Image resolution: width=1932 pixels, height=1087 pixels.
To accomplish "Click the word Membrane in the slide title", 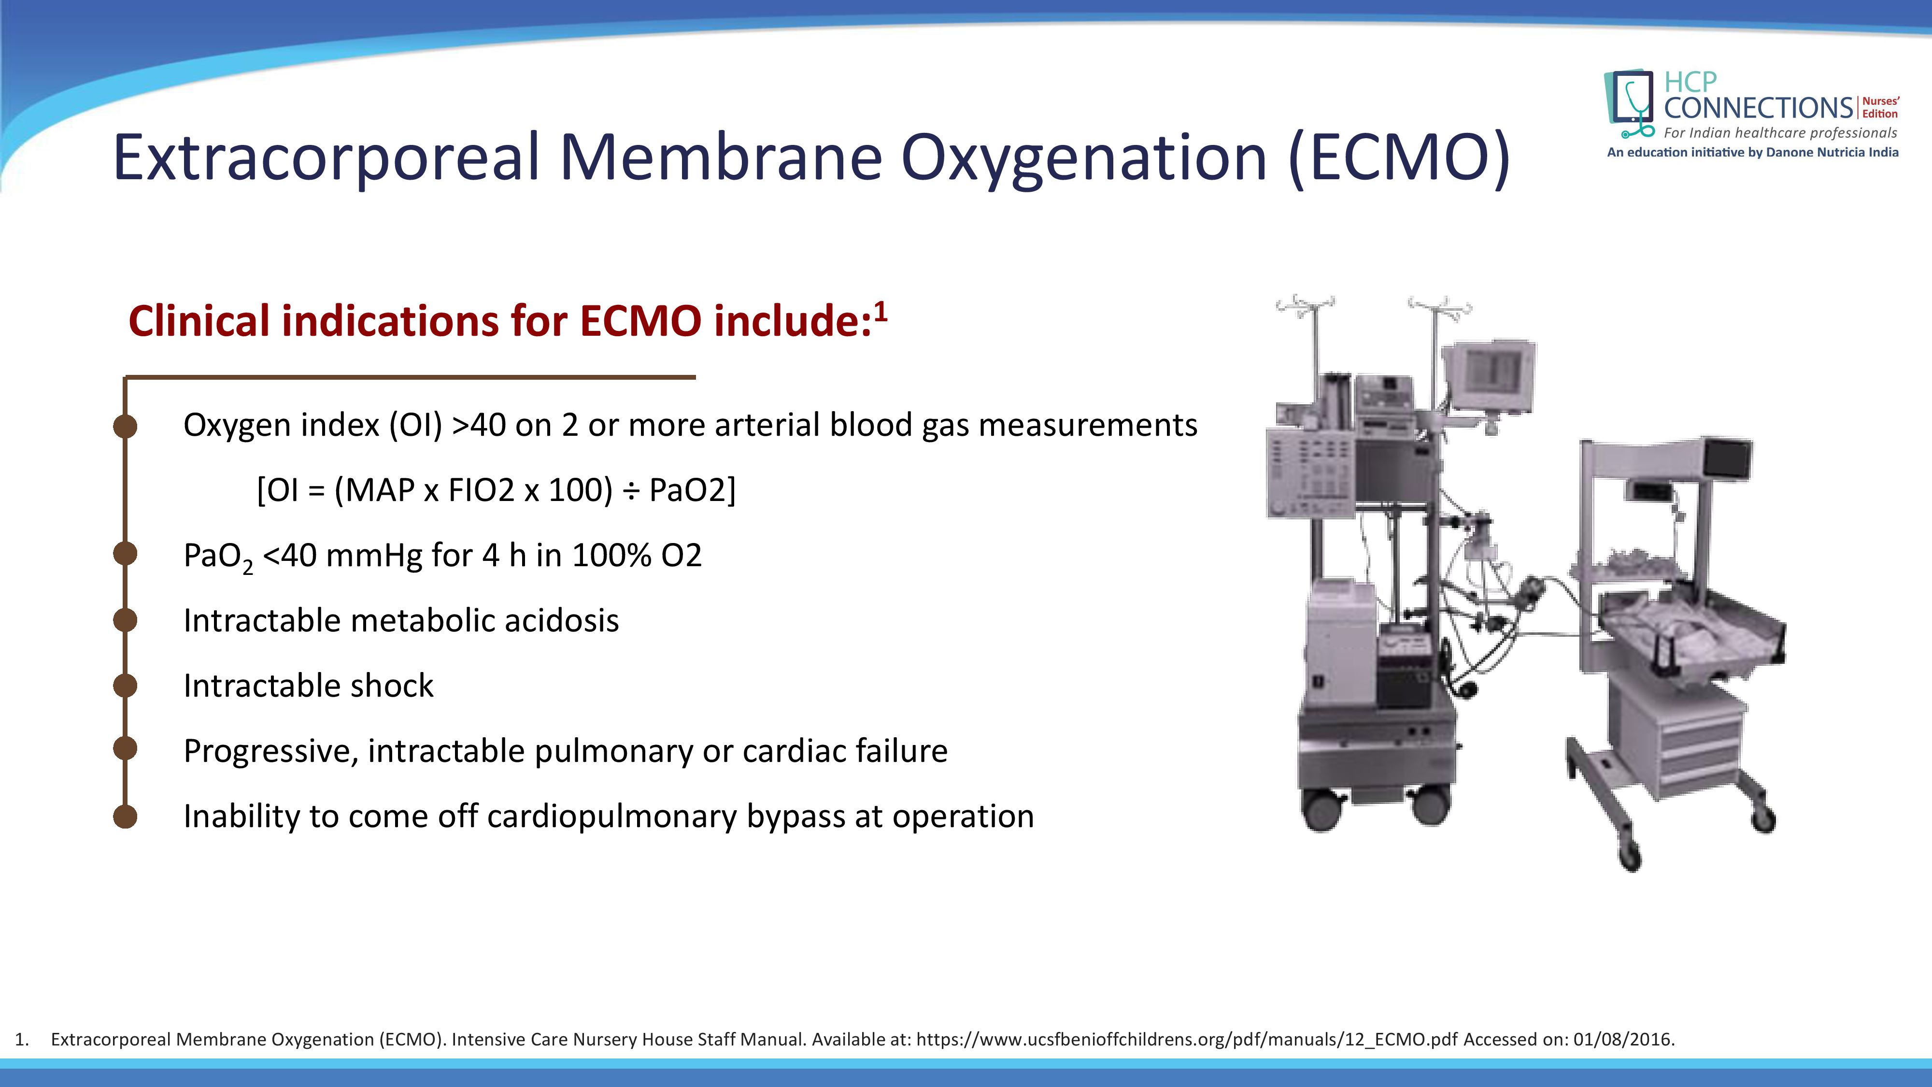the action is [721, 157].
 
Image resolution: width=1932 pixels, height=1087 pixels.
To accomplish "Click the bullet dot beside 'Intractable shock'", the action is [125, 686].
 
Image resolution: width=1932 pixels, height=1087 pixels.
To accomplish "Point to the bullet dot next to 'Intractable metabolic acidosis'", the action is [125, 620].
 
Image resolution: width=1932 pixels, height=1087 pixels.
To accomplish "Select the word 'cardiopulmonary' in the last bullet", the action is [612, 817].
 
